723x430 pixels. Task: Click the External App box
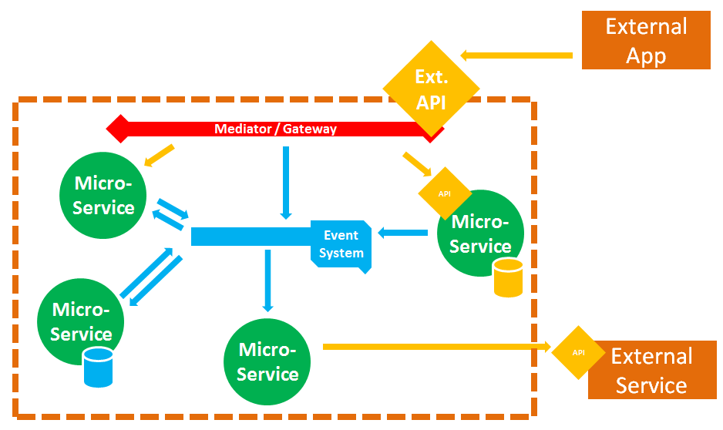point(646,40)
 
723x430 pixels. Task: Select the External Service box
point(651,370)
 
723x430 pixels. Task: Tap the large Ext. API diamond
point(431,89)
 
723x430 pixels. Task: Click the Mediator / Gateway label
point(275,129)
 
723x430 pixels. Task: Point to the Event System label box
point(341,244)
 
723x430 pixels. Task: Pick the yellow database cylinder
point(508,278)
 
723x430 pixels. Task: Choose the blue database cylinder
point(98,367)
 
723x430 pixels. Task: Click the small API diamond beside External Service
point(578,352)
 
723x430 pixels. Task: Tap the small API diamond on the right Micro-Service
point(444,193)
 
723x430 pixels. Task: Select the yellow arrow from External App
point(516,55)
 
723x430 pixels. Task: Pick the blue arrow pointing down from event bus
point(267,280)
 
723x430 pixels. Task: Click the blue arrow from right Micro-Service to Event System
point(402,232)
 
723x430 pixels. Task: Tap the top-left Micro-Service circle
point(103,196)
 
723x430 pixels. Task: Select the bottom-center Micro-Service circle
point(267,361)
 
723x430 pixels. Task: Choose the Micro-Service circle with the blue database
point(80,322)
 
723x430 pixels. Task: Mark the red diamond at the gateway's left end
point(116,129)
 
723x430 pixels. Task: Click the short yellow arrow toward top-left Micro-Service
point(160,156)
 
